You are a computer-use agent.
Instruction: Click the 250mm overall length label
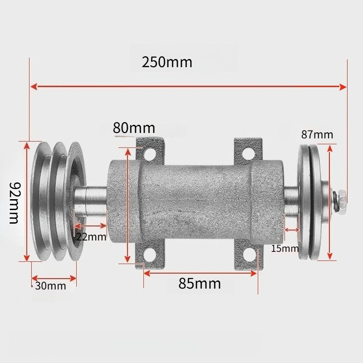tap(167, 62)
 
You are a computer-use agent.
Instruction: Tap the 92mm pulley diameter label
tap(14, 203)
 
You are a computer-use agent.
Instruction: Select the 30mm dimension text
tap(51, 286)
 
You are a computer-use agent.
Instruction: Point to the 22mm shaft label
tap(91, 236)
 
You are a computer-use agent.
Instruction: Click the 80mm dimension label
tap(134, 128)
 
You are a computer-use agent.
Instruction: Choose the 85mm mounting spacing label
tap(200, 283)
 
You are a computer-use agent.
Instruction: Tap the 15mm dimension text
tap(285, 249)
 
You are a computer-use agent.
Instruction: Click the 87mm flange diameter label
tap(317, 134)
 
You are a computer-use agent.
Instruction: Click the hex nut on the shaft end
tap(342, 200)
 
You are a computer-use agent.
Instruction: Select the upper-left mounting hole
tap(149, 153)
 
